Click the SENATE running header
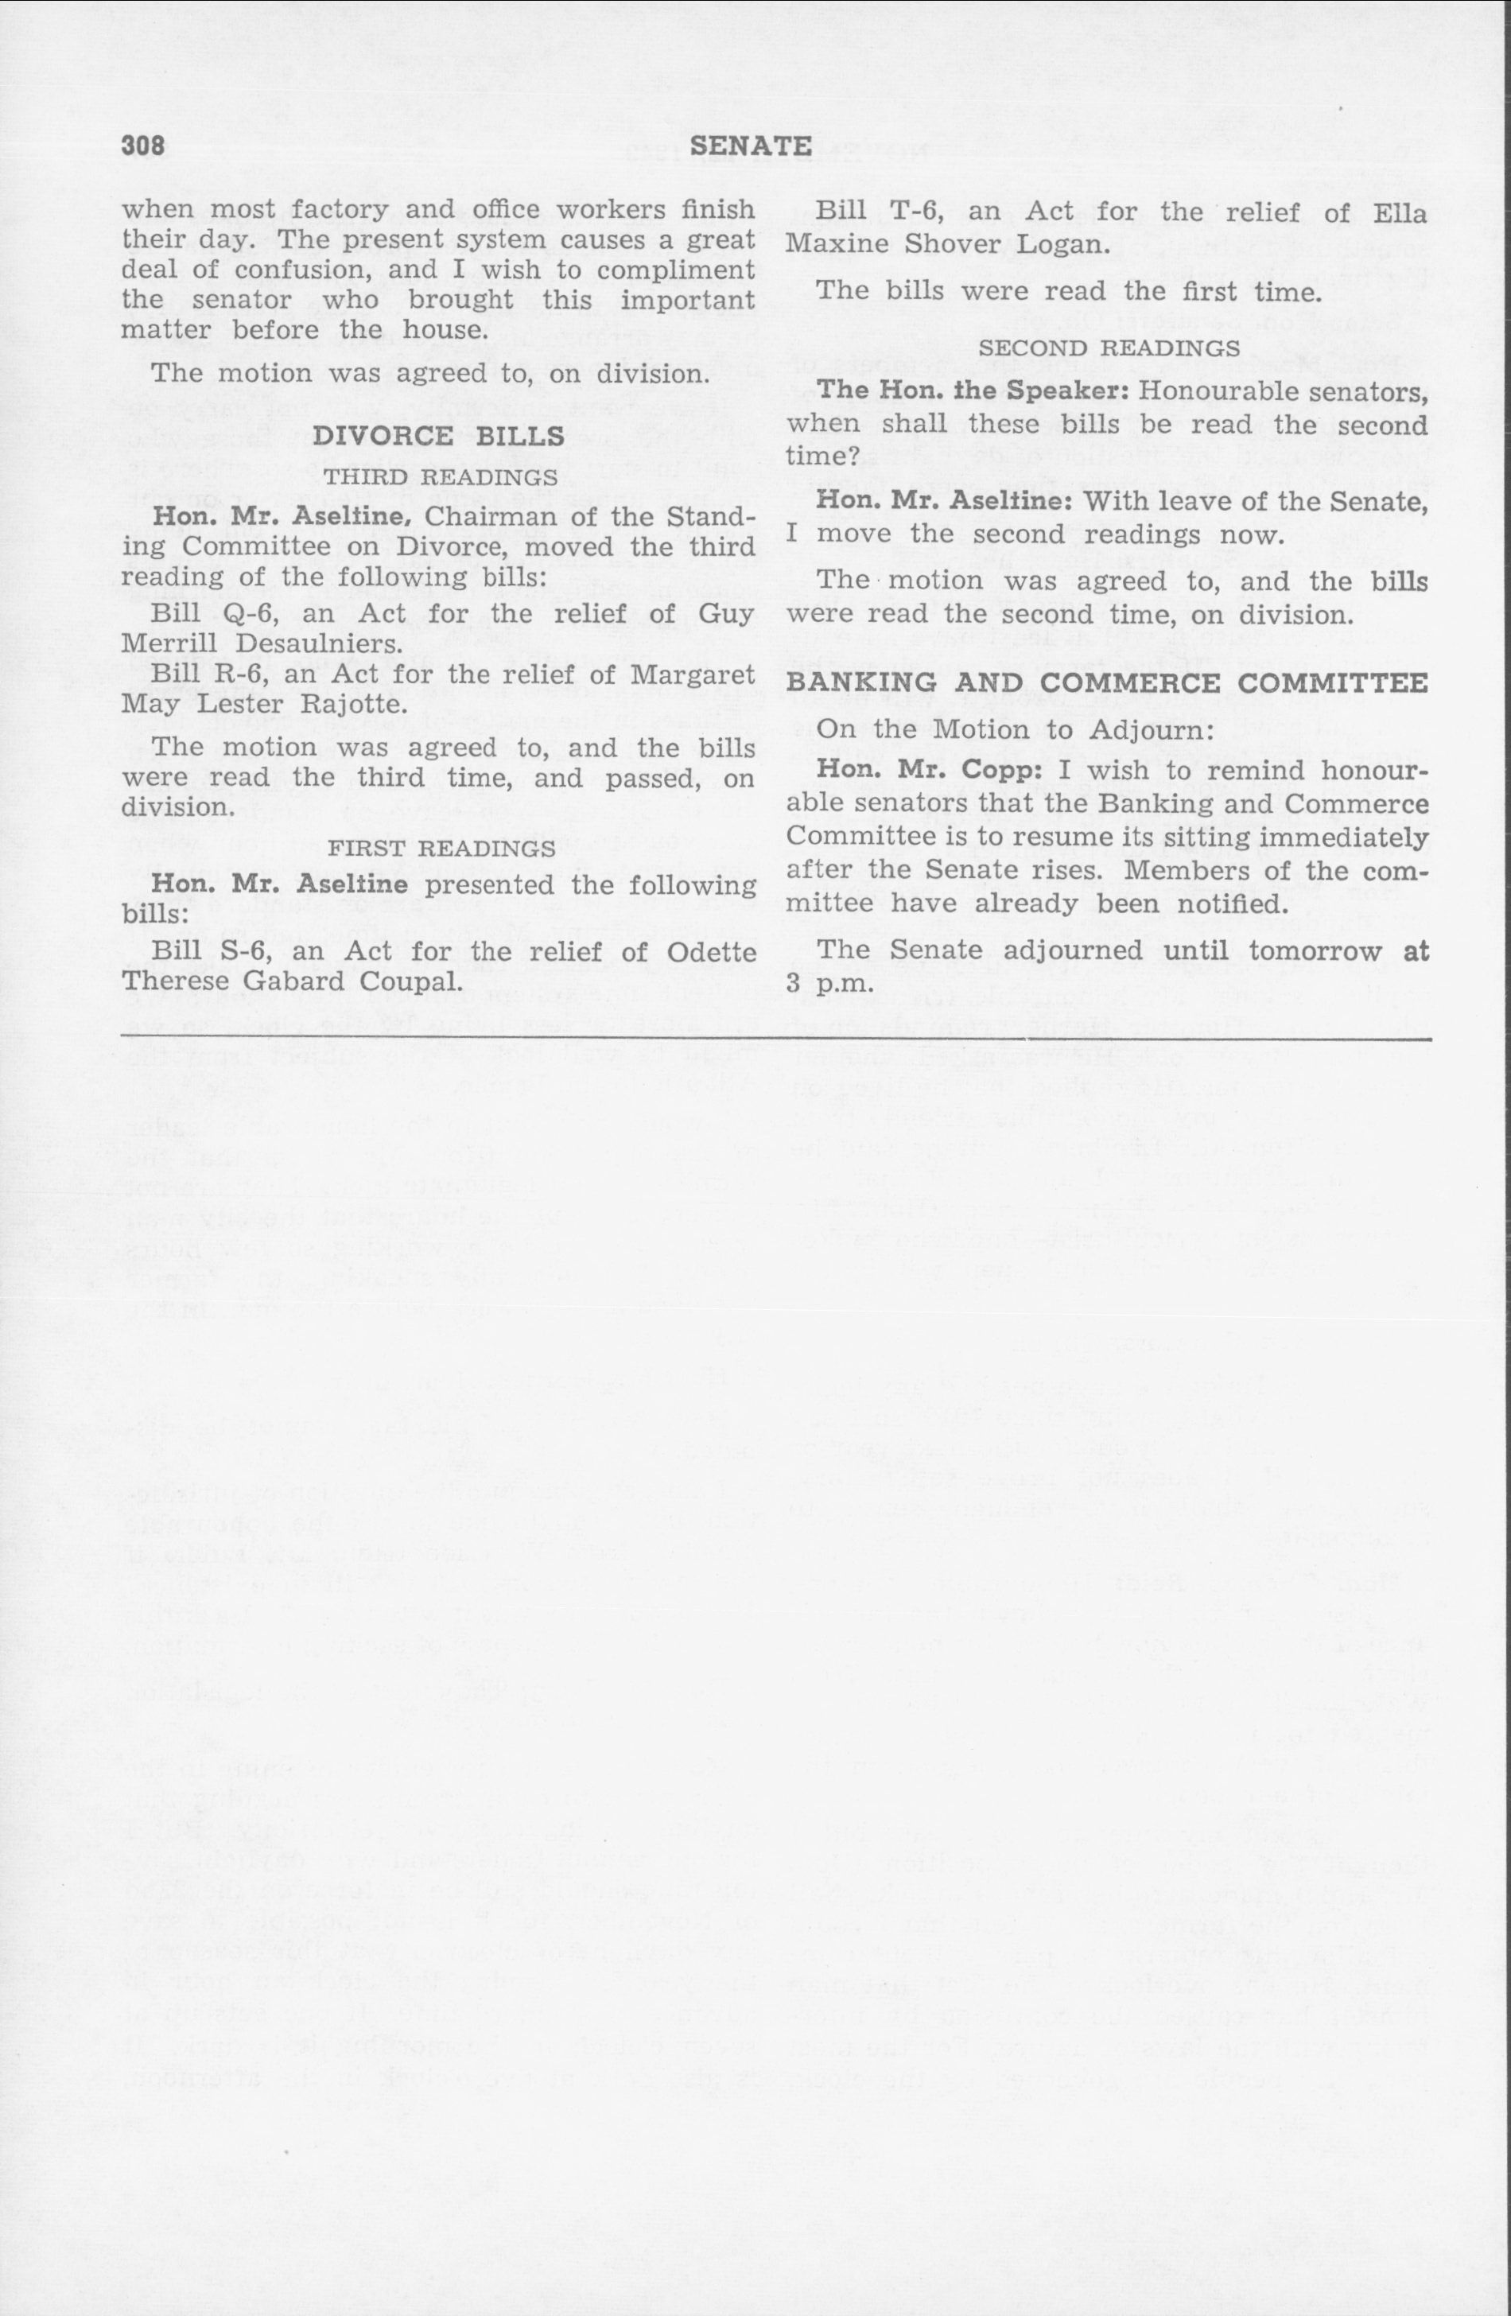coord(750,146)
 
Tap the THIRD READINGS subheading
coord(440,478)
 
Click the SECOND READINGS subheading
coord(1108,348)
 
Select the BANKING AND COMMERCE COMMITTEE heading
coord(1107,683)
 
